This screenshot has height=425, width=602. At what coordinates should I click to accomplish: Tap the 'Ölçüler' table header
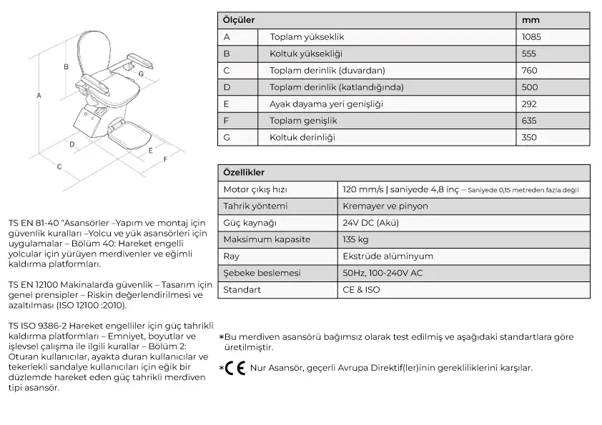[x=239, y=20]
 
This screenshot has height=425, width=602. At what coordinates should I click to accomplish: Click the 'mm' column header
[x=531, y=20]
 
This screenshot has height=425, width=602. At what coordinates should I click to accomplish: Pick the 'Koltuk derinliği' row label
[x=302, y=137]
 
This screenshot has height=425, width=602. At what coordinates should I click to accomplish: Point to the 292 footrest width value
[x=529, y=104]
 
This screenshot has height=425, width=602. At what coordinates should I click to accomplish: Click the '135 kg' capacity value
[x=355, y=239]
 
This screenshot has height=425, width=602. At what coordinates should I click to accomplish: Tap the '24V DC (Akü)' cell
[x=370, y=223]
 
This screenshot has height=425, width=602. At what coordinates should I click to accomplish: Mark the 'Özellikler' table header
[x=244, y=173]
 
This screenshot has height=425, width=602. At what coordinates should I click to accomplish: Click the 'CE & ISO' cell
[x=361, y=290]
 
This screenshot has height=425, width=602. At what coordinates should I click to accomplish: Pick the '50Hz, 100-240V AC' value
[x=383, y=273]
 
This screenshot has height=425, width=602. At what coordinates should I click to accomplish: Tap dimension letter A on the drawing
[x=39, y=95]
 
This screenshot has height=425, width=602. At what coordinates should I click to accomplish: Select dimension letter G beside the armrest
[x=141, y=73]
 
